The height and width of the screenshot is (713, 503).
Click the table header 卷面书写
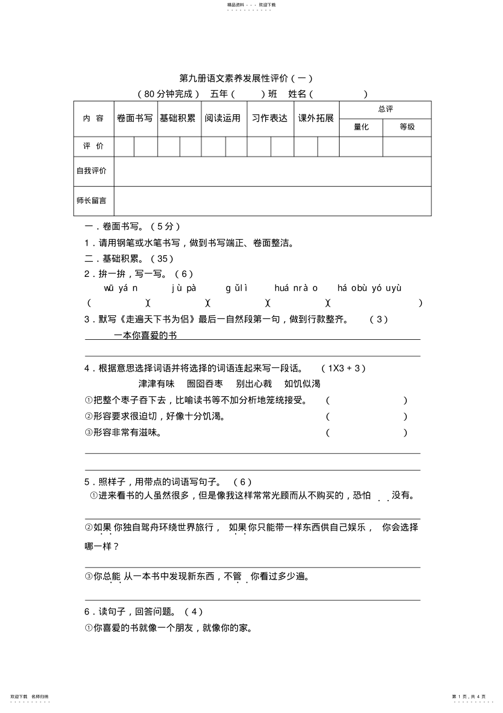[135, 118]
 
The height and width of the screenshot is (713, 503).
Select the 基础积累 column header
[178, 118]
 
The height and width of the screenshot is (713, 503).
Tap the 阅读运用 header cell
[223, 118]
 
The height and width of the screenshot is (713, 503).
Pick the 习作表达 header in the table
[270, 118]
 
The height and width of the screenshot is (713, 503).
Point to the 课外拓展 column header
[315, 118]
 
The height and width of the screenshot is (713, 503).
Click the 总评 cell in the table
[385, 109]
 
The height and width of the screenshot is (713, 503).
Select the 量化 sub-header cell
[361, 127]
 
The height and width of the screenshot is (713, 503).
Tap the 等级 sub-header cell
[407, 127]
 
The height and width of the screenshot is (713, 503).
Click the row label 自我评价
[92, 171]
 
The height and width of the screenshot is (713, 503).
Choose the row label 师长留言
[92, 201]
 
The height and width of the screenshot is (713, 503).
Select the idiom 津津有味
[156, 384]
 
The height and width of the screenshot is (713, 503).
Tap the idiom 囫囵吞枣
[205, 384]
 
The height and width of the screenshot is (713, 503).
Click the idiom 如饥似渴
[302, 384]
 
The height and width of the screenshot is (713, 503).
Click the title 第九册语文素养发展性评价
[246, 78]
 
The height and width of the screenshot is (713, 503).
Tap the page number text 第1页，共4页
[469, 697]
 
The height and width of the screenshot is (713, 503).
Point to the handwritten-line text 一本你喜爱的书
[145, 335]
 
